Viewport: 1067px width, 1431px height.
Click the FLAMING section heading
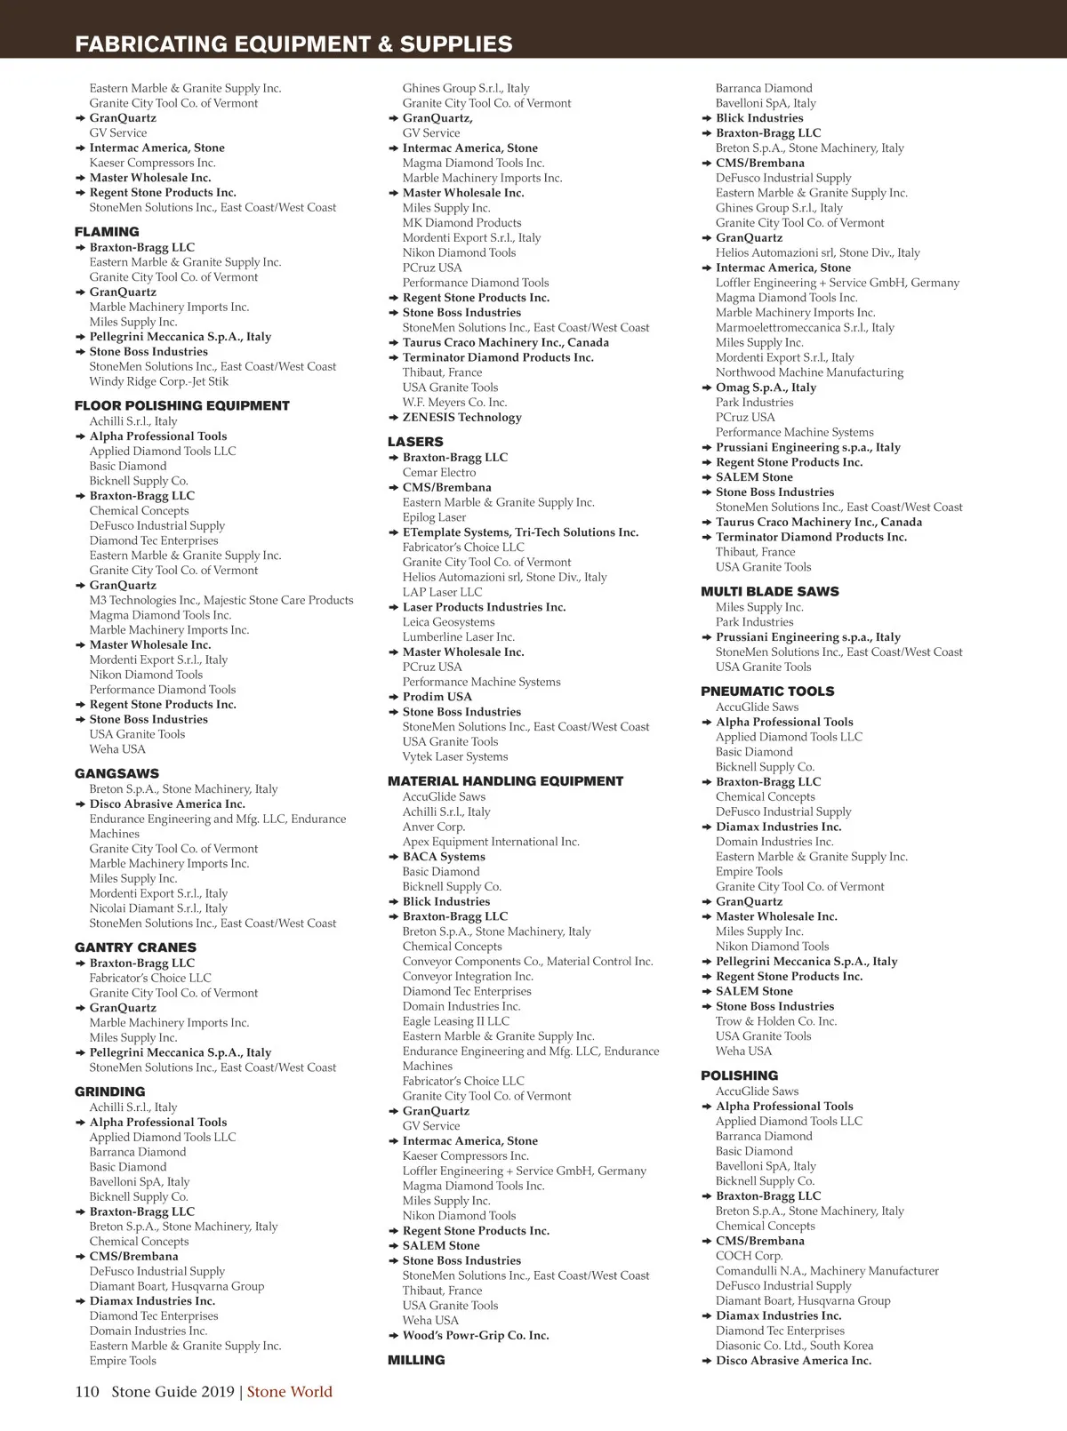[107, 232]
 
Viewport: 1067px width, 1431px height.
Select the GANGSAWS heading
[116, 773]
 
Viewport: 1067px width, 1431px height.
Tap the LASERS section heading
[415, 442]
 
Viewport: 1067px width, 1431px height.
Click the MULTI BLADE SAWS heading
[769, 591]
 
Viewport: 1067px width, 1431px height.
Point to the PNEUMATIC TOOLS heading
[767, 691]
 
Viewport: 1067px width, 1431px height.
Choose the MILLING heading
[416, 1360]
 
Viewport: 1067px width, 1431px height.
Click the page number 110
[87, 1392]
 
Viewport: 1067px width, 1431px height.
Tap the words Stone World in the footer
[290, 1392]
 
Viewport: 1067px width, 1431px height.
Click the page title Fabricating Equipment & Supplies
[293, 44]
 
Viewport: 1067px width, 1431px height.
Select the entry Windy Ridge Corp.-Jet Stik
[158, 381]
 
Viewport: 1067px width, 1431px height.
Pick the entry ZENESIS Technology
[461, 417]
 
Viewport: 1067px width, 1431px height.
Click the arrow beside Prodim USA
[394, 697]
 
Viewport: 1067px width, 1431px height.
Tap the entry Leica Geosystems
[448, 622]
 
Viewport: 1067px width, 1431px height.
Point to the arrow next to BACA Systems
[394, 857]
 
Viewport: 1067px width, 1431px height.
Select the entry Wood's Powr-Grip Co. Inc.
[476, 1335]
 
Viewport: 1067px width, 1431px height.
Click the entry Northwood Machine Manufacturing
[809, 372]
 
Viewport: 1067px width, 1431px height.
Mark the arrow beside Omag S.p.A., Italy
[707, 388]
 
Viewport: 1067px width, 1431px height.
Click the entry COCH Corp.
[749, 1256]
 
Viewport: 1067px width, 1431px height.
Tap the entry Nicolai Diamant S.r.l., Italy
[158, 908]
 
